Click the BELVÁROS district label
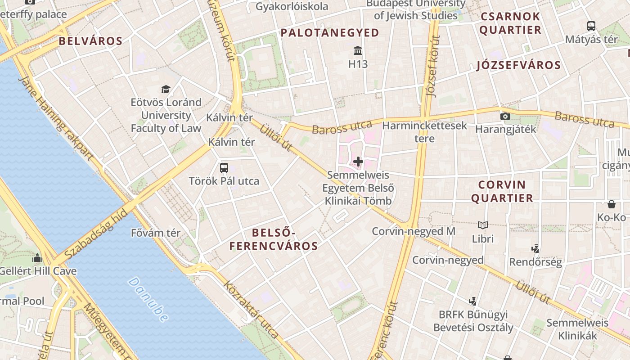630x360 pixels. pyautogui.click(x=90, y=41)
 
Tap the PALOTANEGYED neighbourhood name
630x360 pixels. pyautogui.click(x=330, y=32)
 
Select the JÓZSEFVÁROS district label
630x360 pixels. pyautogui.click(x=519, y=65)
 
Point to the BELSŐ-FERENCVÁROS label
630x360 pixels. pyautogui.click(x=274, y=239)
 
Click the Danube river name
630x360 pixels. pyautogui.click(x=148, y=299)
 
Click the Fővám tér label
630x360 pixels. pyautogui.click(x=156, y=233)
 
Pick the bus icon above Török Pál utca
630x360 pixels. pyautogui.click(x=224, y=168)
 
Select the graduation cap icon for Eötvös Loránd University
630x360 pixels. pyautogui.click(x=166, y=89)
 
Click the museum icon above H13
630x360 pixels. pyautogui.click(x=358, y=50)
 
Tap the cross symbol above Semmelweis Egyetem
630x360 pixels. pyautogui.click(x=358, y=161)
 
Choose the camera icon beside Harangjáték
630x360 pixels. pyautogui.click(x=505, y=117)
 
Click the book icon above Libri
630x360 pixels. pyautogui.click(x=483, y=225)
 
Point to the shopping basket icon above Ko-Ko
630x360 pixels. pyautogui.click(x=612, y=204)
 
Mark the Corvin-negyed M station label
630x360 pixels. pyautogui.click(x=414, y=231)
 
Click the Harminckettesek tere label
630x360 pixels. pyautogui.click(x=425, y=131)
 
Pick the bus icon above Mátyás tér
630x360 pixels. pyautogui.click(x=591, y=26)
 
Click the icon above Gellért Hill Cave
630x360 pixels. pyautogui.click(x=37, y=258)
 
